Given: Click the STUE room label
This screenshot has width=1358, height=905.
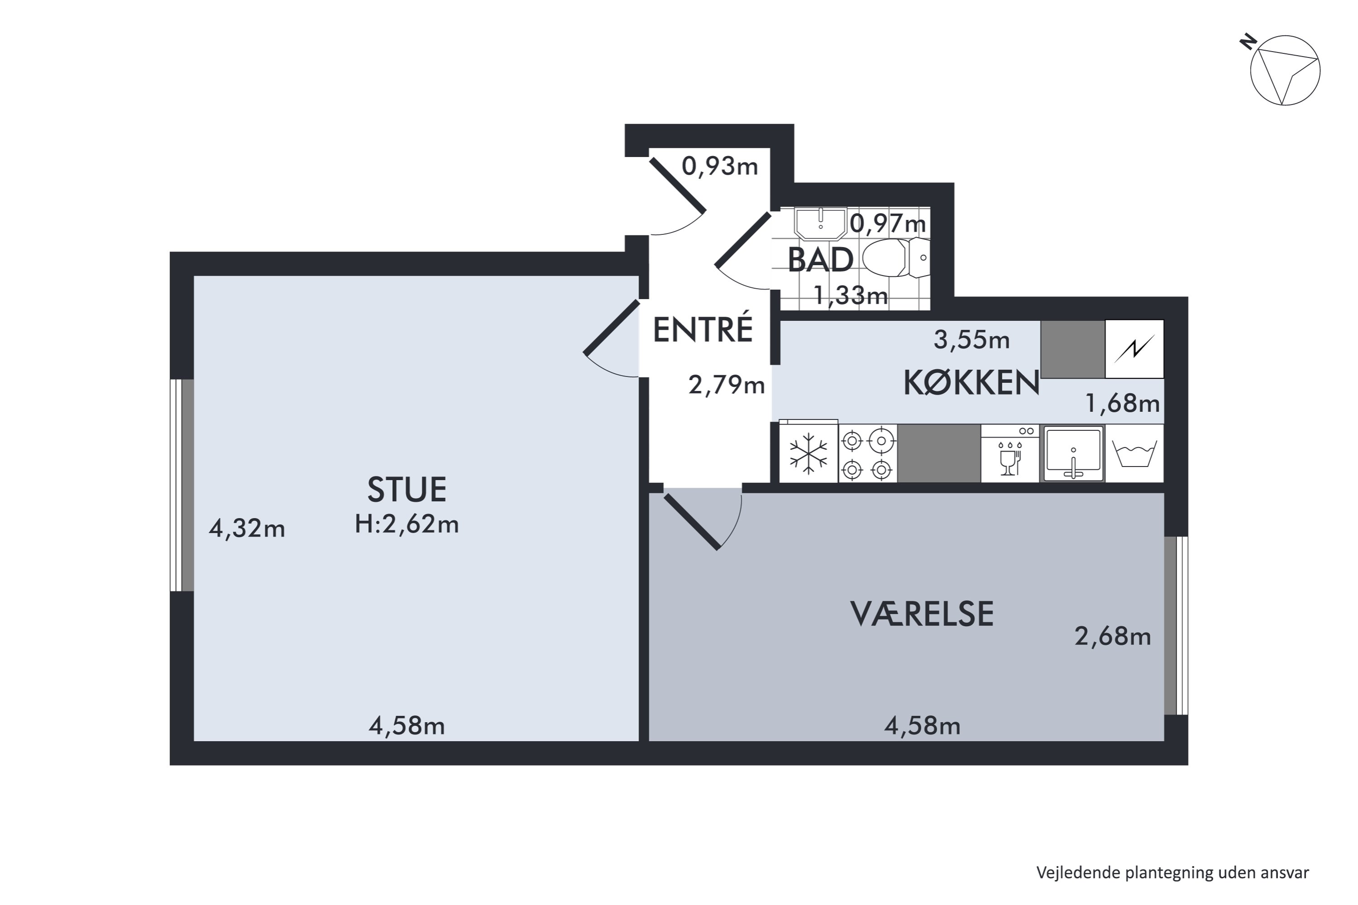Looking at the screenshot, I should [x=406, y=490].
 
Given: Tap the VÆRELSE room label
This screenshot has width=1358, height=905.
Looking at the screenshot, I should [x=922, y=614].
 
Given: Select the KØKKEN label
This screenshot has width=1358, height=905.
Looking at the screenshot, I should [x=971, y=383].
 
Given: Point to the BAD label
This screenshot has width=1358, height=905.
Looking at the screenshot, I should [x=820, y=260].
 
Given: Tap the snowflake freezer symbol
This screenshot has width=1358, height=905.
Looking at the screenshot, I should [x=808, y=454].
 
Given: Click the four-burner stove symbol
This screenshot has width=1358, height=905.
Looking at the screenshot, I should [x=867, y=454].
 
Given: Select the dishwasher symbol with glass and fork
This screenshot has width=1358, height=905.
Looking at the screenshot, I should [x=1010, y=454].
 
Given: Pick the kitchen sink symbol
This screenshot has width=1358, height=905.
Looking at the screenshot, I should [x=1073, y=454].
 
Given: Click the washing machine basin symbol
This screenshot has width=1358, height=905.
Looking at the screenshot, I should [x=1134, y=454].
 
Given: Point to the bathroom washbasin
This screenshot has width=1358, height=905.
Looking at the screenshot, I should [x=820, y=224].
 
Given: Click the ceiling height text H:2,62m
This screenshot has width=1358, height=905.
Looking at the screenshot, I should [x=406, y=524].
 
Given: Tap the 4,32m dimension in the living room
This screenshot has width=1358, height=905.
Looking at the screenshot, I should [x=247, y=529].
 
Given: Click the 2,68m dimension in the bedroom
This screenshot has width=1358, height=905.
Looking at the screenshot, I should [x=1112, y=637].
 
